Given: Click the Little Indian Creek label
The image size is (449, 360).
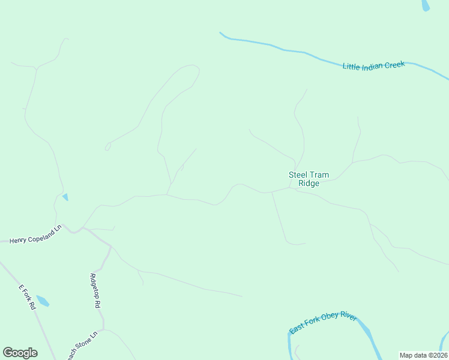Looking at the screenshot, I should click(x=373, y=65).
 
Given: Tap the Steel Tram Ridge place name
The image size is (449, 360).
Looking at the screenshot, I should click(x=309, y=179).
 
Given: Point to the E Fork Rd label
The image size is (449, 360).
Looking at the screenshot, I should click(x=27, y=296).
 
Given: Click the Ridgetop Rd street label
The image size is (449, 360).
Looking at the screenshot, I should click(x=94, y=290).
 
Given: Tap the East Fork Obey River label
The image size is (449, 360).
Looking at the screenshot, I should click(x=323, y=323).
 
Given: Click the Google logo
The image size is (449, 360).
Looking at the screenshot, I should click(x=20, y=352).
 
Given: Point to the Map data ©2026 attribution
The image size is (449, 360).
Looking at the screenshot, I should click(x=424, y=355).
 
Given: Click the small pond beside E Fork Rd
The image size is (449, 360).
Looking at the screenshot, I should click(x=42, y=300).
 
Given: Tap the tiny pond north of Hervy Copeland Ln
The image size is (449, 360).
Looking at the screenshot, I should click(x=65, y=197).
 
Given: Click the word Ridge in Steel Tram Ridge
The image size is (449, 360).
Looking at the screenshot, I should click(x=309, y=184).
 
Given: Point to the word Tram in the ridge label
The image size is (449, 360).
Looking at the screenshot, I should click(x=319, y=175).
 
